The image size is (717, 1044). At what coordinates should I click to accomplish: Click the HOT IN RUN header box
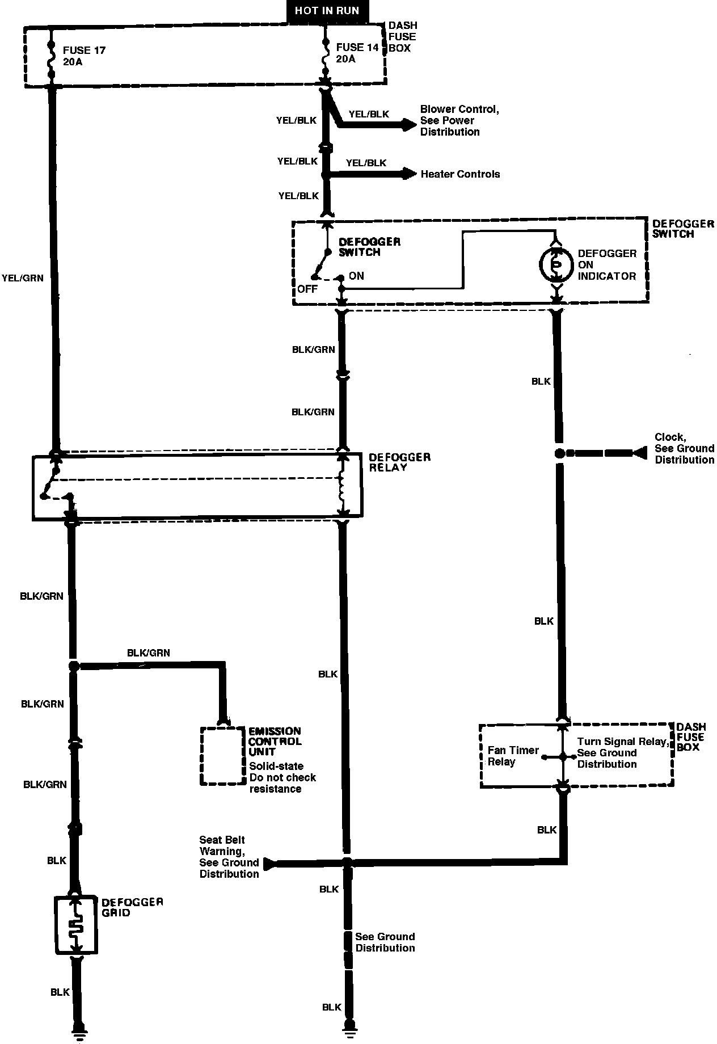327,11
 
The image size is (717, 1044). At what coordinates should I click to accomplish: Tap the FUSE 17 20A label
84,56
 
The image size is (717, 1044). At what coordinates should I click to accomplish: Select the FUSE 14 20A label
357,53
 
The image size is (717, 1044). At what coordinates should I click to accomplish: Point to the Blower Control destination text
459,120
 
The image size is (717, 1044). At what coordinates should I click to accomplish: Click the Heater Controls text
460,174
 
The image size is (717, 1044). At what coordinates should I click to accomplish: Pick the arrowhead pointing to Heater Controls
410,174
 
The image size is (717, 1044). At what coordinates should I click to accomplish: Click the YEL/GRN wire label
23,279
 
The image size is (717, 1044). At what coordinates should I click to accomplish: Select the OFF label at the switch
307,289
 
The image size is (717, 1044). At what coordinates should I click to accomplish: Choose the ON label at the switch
356,276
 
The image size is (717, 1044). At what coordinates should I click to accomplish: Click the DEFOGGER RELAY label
399,462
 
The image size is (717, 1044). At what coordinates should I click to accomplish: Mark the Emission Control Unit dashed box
223,756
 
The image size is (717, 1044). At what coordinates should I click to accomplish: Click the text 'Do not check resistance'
282,783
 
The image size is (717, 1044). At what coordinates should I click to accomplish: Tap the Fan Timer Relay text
513,756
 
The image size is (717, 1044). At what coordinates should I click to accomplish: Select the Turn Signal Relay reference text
622,753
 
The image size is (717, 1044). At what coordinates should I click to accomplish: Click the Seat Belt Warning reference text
229,857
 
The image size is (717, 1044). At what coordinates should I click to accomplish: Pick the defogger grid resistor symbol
76,925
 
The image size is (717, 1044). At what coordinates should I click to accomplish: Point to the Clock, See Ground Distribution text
684,448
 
